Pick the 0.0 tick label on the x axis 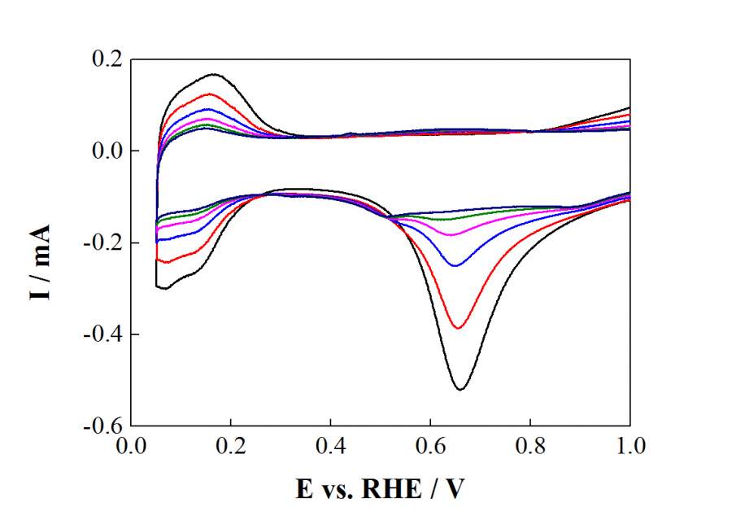(131, 446)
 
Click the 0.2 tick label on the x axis (231, 446)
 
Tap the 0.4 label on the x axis (330, 446)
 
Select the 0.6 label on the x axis (430, 446)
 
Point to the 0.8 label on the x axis (530, 446)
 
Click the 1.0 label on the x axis (630, 446)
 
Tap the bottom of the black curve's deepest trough (460, 390)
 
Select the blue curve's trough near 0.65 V (455, 266)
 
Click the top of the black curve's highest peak (215, 74)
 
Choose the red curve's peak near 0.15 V (209, 94)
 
